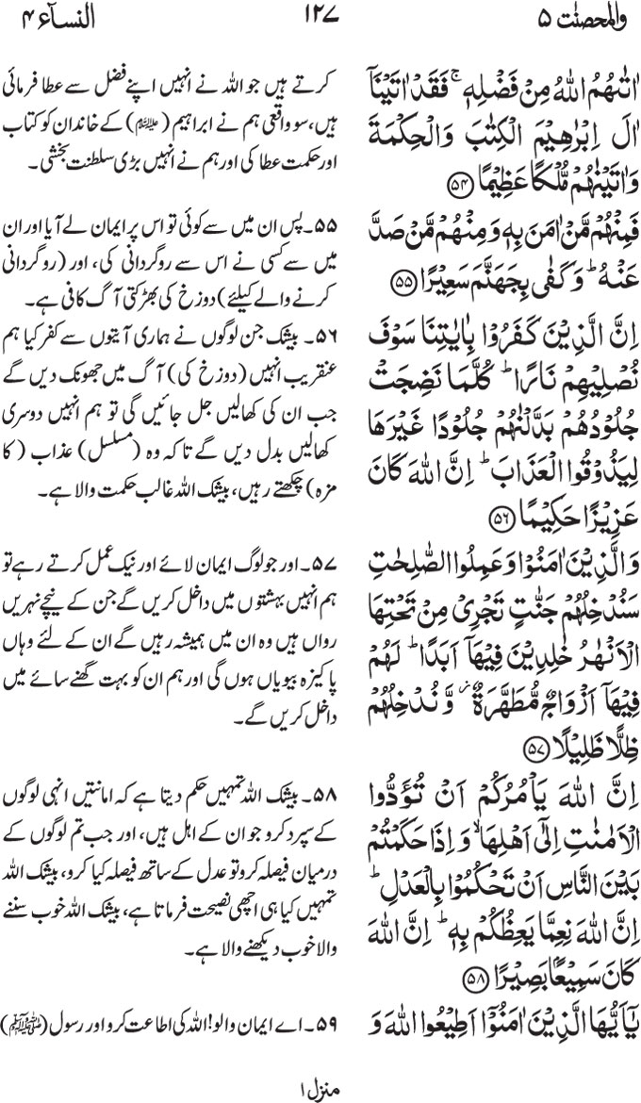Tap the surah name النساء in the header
click(x=67, y=17)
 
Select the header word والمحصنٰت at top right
click(x=576, y=17)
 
